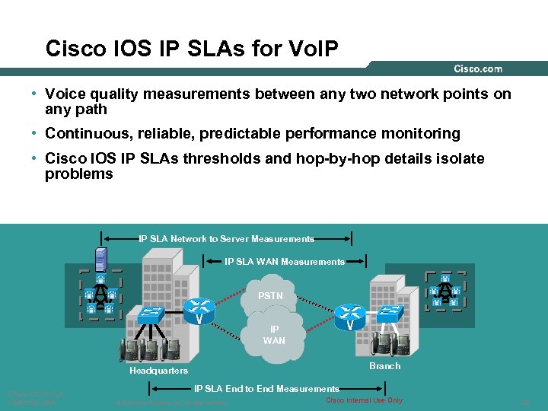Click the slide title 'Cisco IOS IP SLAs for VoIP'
click(x=192, y=49)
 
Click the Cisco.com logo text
click(x=478, y=69)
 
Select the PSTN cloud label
click(x=270, y=295)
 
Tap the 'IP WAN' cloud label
click(x=274, y=335)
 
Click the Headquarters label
click(x=158, y=371)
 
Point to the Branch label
click(x=384, y=366)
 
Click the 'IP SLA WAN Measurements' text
click(x=285, y=262)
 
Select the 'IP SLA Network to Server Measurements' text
click(x=226, y=239)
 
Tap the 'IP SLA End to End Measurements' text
click(x=266, y=389)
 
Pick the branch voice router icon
click(x=349, y=313)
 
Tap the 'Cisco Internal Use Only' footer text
click(x=364, y=400)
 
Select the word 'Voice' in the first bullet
click(x=65, y=94)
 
